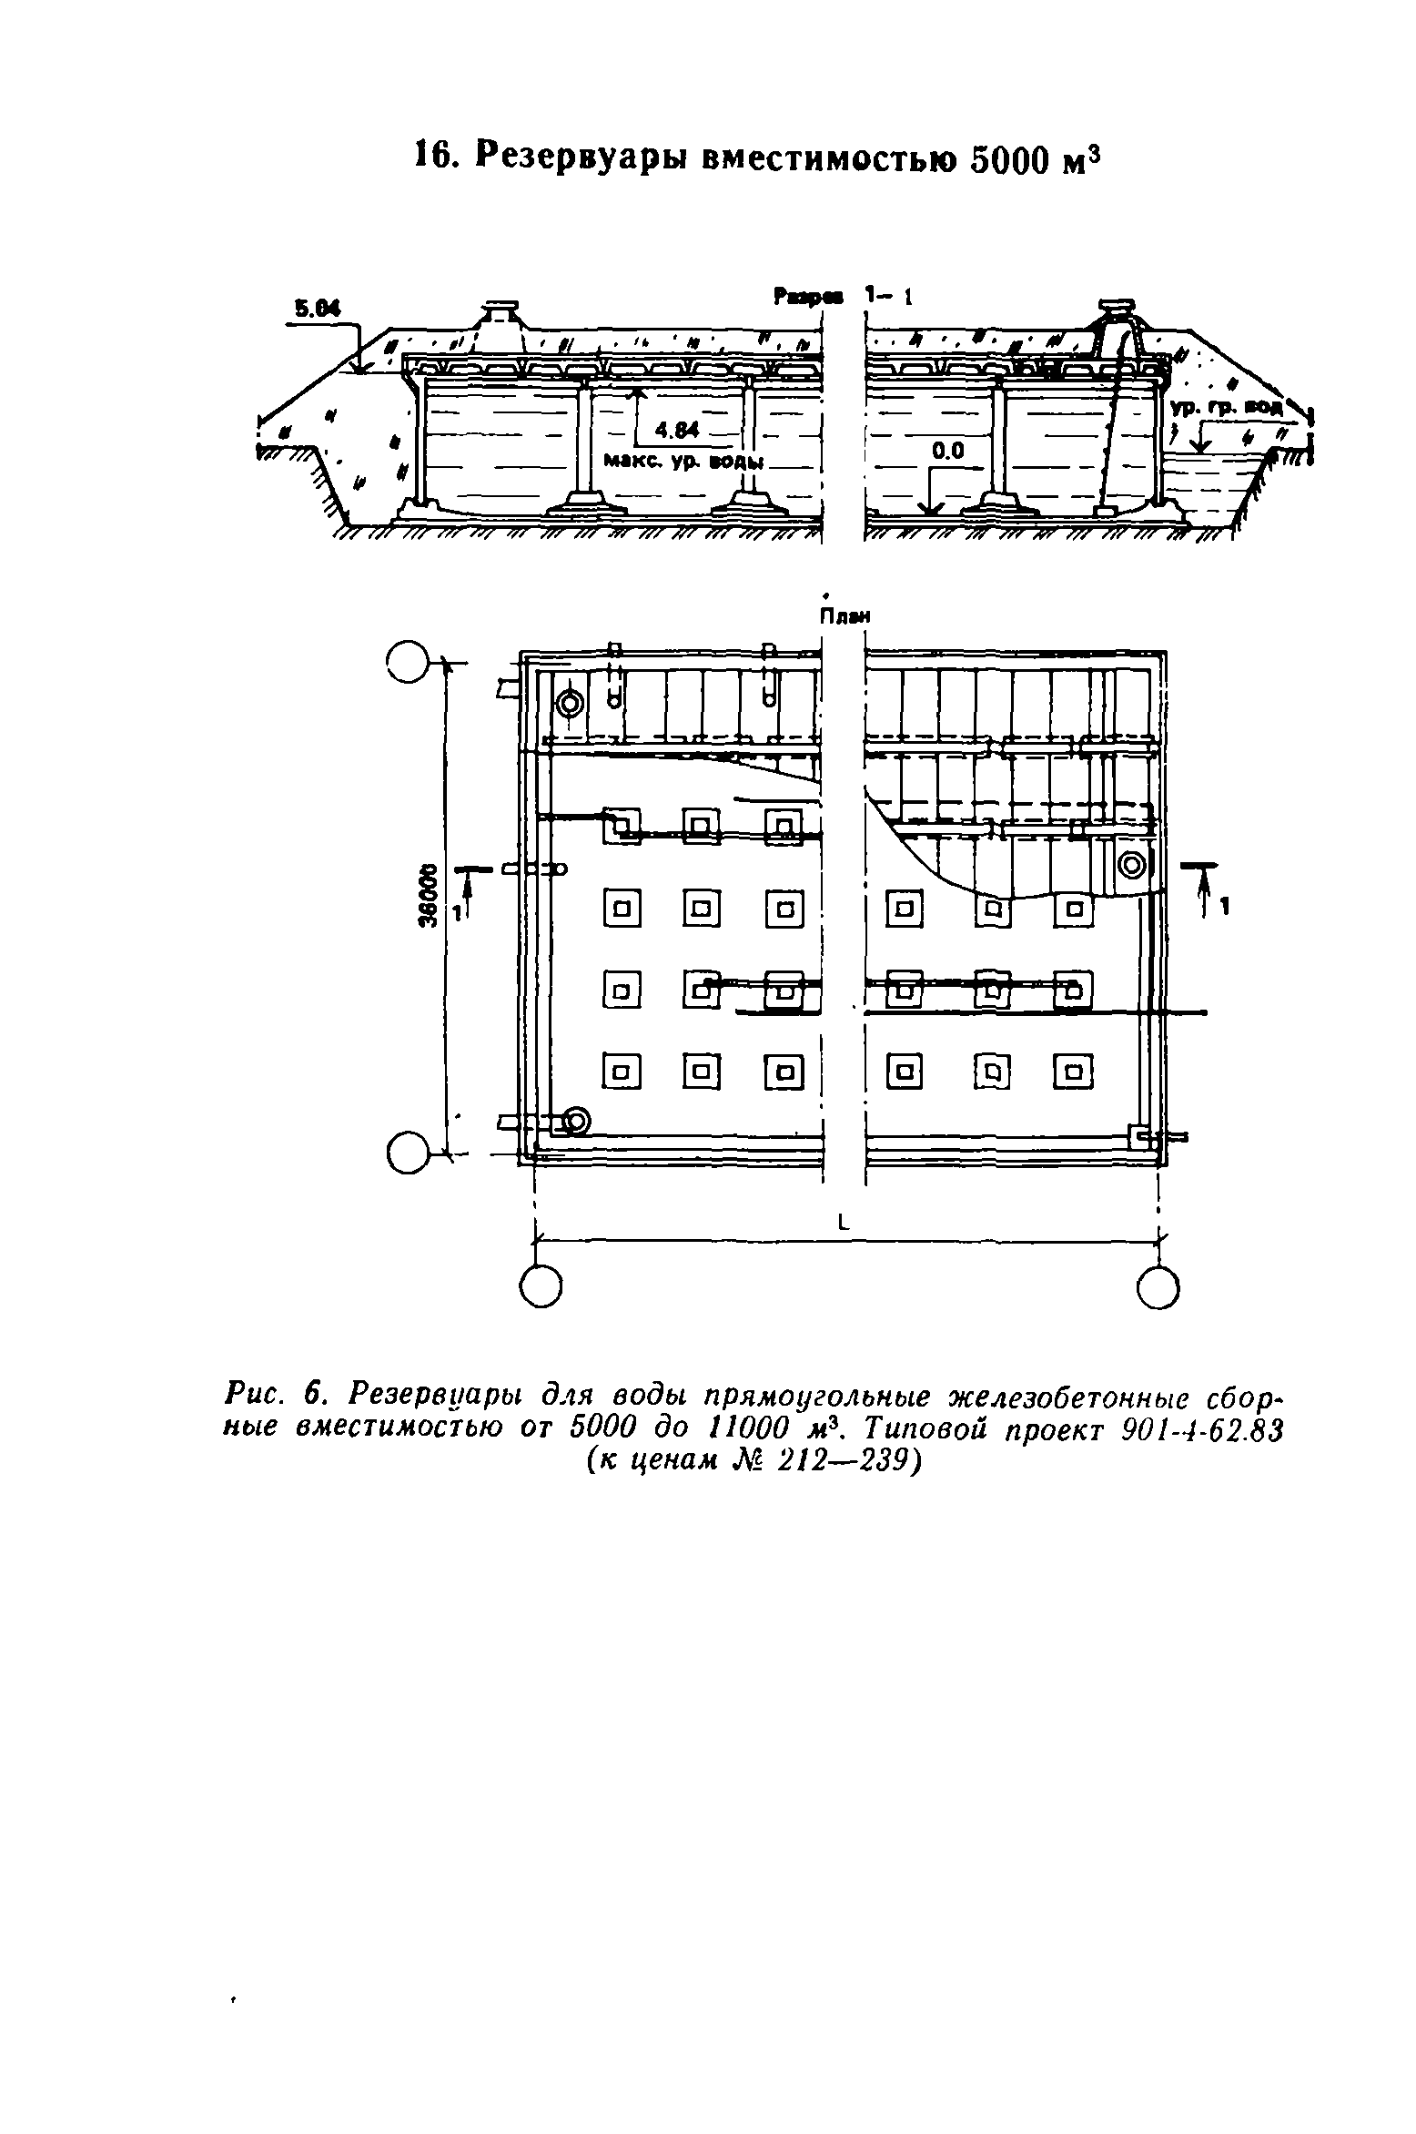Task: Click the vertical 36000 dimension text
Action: coord(428,896)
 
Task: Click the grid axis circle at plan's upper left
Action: coord(406,662)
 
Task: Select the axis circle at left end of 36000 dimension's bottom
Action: coord(407,1154)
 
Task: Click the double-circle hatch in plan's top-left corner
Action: coord(571,704)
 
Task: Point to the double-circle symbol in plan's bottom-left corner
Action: coord(577,1121)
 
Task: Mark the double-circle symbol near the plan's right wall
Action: coord(1132,864)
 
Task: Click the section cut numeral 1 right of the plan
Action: coord(1225,907)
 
